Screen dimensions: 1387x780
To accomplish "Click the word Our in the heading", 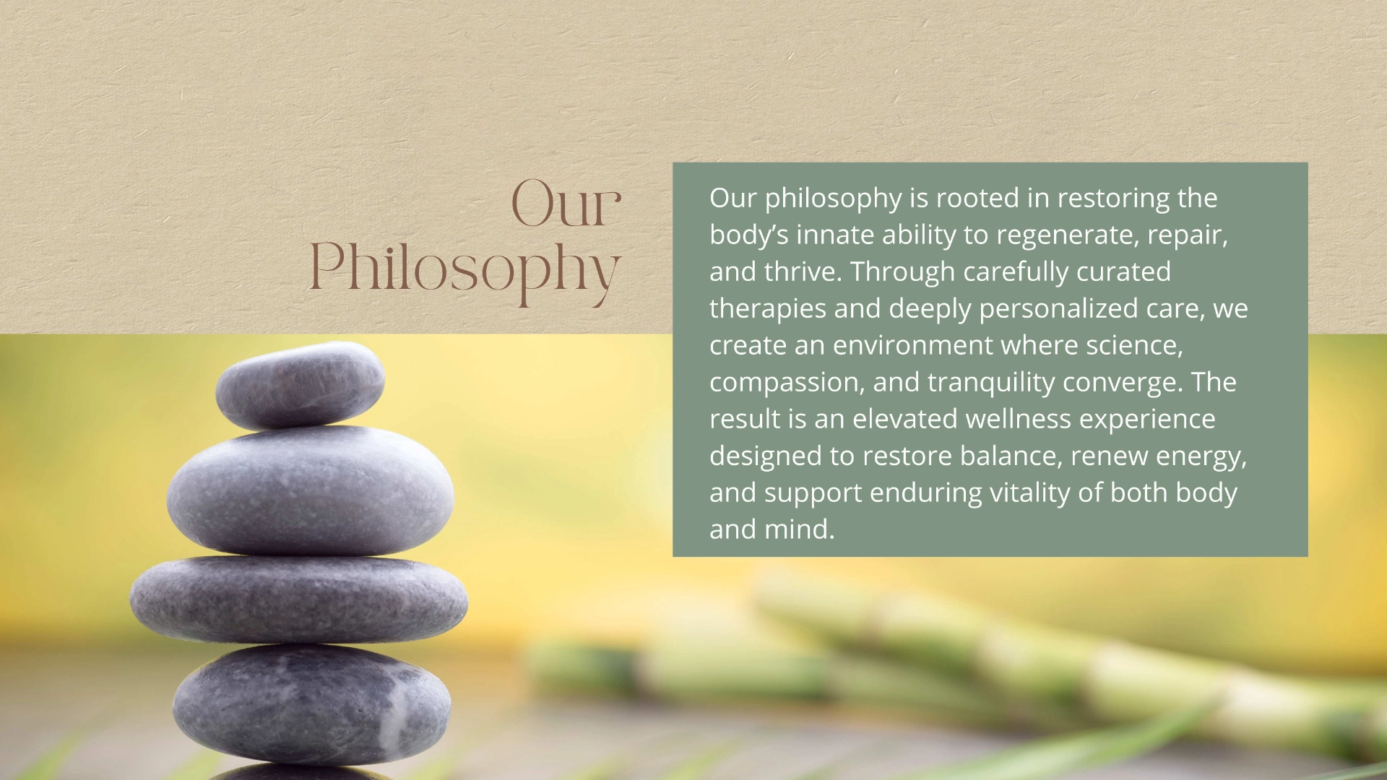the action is (566, 204).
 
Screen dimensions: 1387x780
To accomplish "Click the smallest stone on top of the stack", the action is (300, 386).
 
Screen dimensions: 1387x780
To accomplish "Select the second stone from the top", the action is (311, 490).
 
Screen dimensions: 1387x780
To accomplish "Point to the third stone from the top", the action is (299, 599).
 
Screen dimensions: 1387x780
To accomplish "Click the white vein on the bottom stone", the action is (391, 715).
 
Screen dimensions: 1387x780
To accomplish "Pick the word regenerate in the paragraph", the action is (1068, 235).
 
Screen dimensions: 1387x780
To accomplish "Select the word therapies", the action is (768, 309).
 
